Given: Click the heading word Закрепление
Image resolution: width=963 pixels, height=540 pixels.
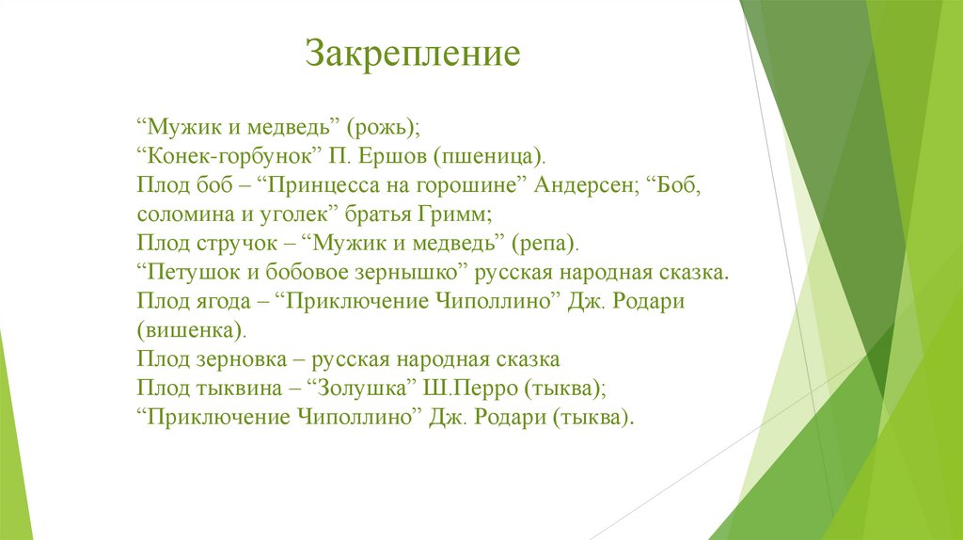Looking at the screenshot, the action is tap(413, 54).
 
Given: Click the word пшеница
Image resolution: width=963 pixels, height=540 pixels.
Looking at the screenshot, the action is tap(488, 157).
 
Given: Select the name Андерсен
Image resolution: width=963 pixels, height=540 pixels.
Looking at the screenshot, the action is tap(583, 185).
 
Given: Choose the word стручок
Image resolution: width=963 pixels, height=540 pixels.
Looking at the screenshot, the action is tap(236, 244).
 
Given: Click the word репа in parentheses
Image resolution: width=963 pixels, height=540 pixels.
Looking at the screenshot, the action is tap(545, 244).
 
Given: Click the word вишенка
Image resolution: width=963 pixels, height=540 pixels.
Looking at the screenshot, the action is tap(190, 330).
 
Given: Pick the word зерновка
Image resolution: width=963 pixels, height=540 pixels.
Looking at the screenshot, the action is tap(242, 359).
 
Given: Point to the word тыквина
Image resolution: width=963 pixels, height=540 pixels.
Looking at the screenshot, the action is tap(240, 389).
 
